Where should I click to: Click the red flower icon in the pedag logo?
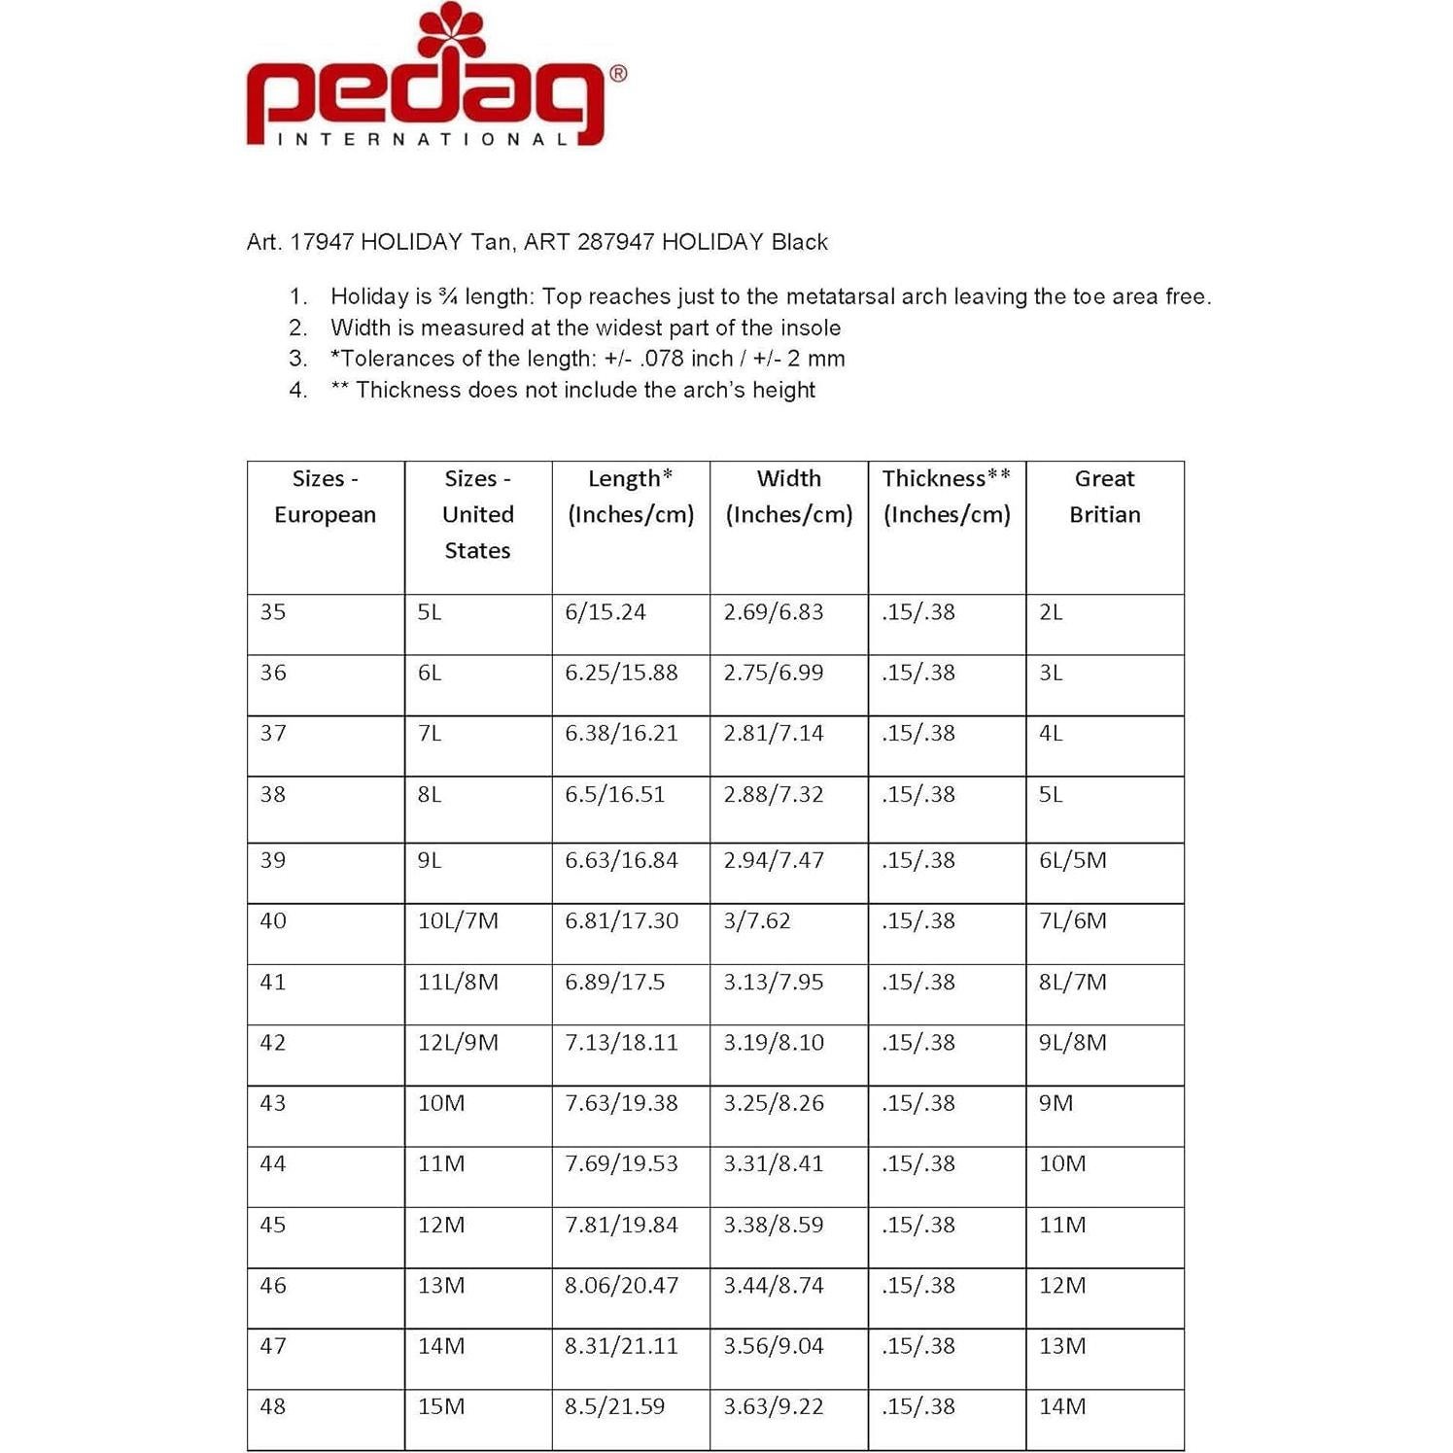[x=450, y=29]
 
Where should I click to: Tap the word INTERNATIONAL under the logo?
[x=423, y=139]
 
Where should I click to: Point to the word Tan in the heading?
[x=492, y=242]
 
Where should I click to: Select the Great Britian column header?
[x=1104, y=497]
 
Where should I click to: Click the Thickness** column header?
[x=946, y=497]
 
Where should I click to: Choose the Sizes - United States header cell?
[x=477, y=514]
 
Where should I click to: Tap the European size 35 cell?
[x=273, y=612]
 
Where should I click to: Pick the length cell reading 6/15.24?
[x=605, y=612]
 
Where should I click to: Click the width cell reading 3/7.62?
[x=756, y=920]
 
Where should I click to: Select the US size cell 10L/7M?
[x=458, y=920]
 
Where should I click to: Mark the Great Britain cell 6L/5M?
[x=1072, y=860]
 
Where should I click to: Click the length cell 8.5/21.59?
[x=614, y=1406]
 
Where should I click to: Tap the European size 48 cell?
[x=273, y=1406]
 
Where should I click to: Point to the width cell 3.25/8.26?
[x=773, y=1103]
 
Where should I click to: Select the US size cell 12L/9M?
[x=458, y=1043]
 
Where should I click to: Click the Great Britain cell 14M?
[x=1062, y=1406]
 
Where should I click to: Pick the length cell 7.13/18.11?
[x=621, y=1043]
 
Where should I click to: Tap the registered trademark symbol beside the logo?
[x=618, y=73]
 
